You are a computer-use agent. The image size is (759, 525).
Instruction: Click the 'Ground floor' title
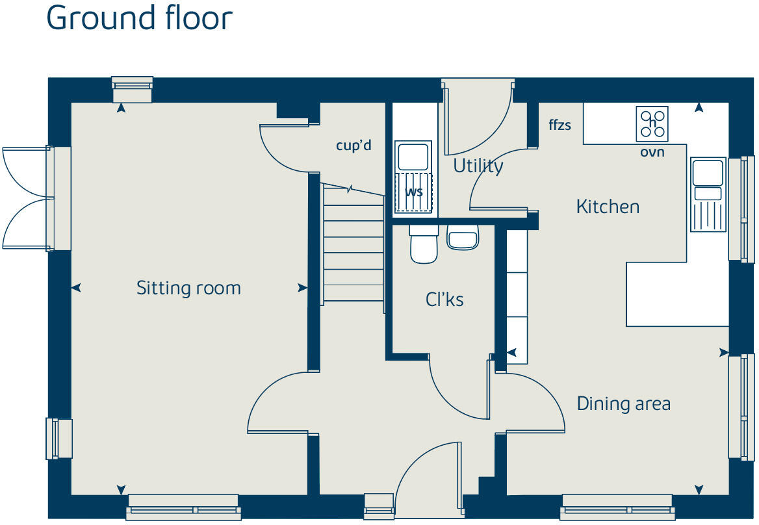click(x=140, y=18)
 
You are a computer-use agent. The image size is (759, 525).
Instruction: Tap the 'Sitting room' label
click(x=188, y=288)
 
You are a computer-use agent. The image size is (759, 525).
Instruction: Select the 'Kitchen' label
click(x=608, y=207)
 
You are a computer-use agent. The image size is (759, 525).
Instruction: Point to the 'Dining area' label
click(x=623, y=403)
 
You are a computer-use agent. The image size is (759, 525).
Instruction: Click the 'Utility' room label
click(x=478, y=166)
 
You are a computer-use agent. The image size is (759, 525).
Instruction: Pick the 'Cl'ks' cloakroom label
click(x=444, y=300)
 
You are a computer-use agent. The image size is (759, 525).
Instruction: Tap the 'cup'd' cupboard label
click(x=354, y=145)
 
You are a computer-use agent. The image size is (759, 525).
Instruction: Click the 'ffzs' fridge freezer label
click(x=560, y=125)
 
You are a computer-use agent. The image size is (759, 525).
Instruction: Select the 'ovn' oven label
click(x=652, y=153)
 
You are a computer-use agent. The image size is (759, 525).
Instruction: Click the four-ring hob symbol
click(x=652, y=124)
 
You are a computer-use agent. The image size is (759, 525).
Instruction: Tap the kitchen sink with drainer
click(x=708, y=194)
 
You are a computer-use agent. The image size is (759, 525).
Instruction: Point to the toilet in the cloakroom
click(x=424, y=244)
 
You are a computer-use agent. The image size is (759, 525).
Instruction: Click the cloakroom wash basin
click(x=463, y=238)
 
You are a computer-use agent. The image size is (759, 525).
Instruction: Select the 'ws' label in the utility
click(x=414, y=192)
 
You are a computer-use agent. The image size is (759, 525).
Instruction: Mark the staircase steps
click(x=354, y=244)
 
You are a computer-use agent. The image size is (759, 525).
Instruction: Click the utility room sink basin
click(x=413, y=157)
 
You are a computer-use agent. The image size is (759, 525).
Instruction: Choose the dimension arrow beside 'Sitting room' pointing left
click(x=76, y=288)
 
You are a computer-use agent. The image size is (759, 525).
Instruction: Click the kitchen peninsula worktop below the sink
click(x=678, y=294)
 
